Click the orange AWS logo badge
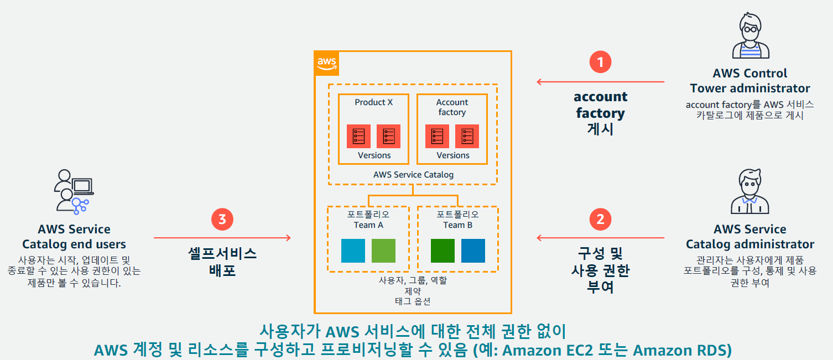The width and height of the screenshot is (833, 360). pos(326,64)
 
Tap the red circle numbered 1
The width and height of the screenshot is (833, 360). pos(600,61)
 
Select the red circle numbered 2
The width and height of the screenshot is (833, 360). pos(600,220)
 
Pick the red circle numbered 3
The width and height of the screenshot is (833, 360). pos(222,220)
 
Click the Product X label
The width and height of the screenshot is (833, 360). pos(373,102)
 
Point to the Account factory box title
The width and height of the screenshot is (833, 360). pos(452,107)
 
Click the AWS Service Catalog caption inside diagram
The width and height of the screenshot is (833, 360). pos(413,175)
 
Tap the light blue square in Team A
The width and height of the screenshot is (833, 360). pos(353,251)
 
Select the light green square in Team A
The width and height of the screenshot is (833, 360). pos(383,251)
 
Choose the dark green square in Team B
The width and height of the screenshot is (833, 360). pos(442,251)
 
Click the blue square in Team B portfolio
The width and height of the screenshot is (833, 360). pos(473,251)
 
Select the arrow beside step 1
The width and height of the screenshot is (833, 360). pos(600,82)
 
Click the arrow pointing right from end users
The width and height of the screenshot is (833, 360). pos(222,238)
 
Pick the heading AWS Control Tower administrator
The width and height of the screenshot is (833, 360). pos(749,81)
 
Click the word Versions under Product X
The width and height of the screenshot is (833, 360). pos(374,155)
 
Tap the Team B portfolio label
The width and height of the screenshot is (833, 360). pos(457,220)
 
